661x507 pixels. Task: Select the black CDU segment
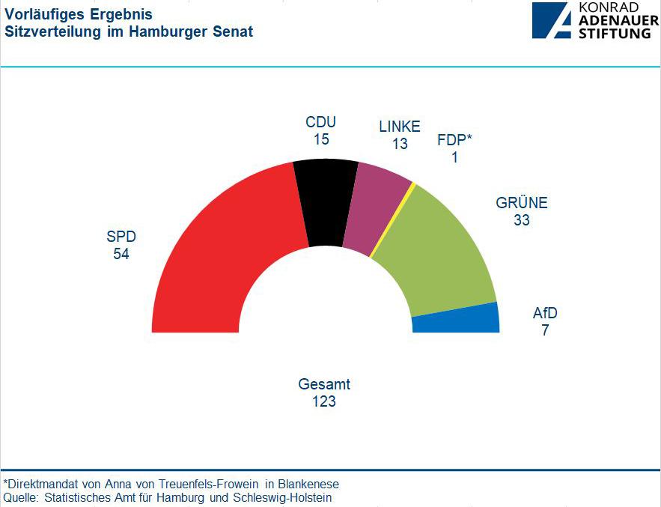click(326, 202)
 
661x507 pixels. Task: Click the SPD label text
click(121, 237)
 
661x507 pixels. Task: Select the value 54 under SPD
click(121, 254)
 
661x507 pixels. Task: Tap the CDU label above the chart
click(321, 122)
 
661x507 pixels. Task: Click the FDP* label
click(455, 141)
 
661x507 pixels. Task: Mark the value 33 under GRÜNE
click(522, 220)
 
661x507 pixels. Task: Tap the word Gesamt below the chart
click(324, 384)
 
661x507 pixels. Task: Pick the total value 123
click(324, 401)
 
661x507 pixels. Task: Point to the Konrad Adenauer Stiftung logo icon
click(552, 20)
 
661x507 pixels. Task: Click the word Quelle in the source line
click(21, 497)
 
